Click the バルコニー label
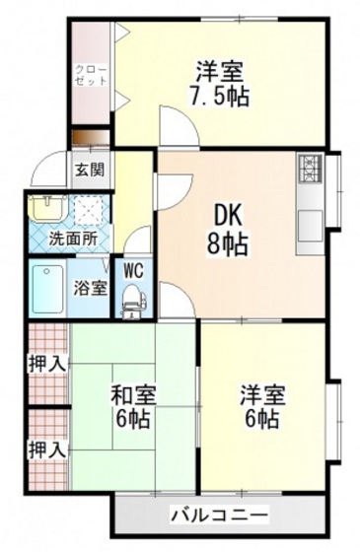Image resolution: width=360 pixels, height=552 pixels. [219, 515]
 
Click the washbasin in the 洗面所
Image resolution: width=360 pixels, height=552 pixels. [46, 207]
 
